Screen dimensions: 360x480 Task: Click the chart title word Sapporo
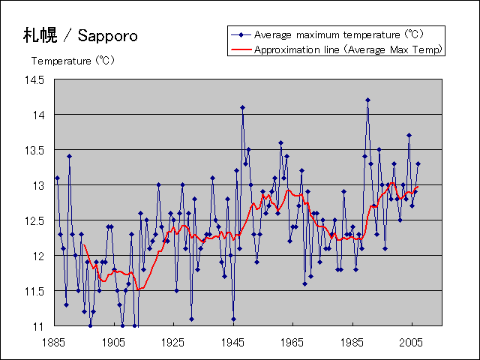click(x=107, y=35)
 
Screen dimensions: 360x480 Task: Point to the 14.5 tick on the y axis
click(x=34, y=79)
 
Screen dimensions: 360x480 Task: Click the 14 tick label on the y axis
click(x=39, y=115)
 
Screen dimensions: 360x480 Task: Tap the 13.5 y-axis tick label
click(x=34, y=150)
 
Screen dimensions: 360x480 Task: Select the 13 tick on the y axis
click(x=39, y=185)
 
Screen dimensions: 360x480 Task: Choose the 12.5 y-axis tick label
click(x=34, y=220)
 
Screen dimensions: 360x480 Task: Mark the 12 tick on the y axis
click(x=39, y=256)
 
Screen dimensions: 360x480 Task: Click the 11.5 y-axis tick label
click(x=34, y=291)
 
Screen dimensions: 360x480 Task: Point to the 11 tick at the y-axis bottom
click(x=39, y=326)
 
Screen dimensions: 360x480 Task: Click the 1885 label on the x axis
click(x=54, y=342)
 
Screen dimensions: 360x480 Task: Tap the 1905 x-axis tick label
click(x=114, y=342)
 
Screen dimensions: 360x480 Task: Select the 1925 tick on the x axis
click(x=173, y=342)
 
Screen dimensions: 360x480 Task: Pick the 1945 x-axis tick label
click(x=233, y=342)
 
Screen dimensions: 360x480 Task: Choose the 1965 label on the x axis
click(x=292, y=342)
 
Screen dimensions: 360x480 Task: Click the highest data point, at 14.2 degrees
click(x=367, y=100)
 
